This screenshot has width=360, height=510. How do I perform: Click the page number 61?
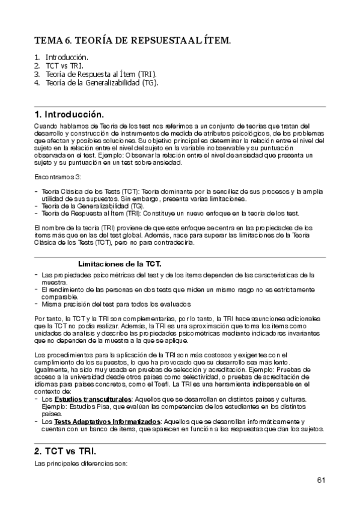(x=321, y=480)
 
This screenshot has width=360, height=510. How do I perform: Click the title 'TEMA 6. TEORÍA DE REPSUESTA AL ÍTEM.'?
(x=133, y=41)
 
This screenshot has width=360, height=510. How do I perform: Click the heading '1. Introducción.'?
(x=69, y=114)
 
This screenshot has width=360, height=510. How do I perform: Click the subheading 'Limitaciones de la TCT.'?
(x=120, y=264)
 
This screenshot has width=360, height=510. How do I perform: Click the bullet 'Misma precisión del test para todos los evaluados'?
(x=114, y=304)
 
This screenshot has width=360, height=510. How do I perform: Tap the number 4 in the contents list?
(x=37, y=82)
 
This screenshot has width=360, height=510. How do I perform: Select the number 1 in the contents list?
(x=37, y=57)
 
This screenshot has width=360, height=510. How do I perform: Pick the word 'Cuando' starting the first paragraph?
(x=46, y=125)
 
